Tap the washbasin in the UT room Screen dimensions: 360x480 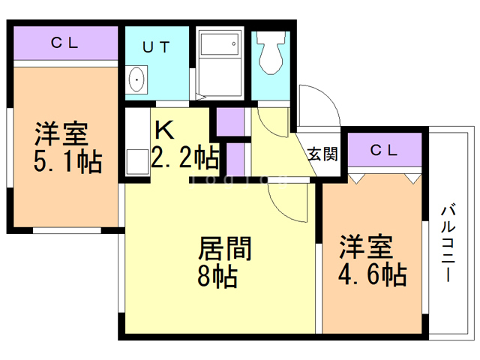click(137, 79)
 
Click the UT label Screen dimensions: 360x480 click(157, 46)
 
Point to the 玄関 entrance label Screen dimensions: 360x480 click(322, 154)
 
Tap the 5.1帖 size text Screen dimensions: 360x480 click(68, 161)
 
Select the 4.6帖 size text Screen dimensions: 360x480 click(372, 273)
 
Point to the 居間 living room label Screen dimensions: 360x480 click(224, 248)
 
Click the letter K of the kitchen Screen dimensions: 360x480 click(163, 130)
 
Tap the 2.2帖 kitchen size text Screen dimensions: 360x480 click(185, 157)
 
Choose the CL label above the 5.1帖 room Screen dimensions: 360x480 click(64, 43)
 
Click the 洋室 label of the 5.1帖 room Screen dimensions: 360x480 click(61, 133)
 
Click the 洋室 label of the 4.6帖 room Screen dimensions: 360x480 click(366, 246)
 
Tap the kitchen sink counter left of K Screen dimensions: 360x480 click(135, 147)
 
